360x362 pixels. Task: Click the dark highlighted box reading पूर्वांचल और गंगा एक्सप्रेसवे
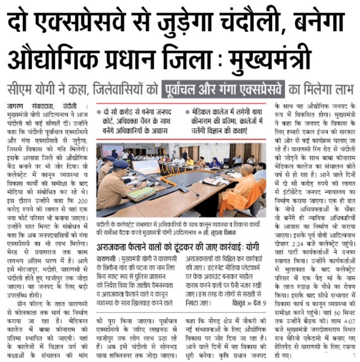pos(223,89)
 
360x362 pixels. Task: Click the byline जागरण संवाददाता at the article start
pos(30,107)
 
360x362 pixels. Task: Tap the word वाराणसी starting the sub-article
pos(108,261)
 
